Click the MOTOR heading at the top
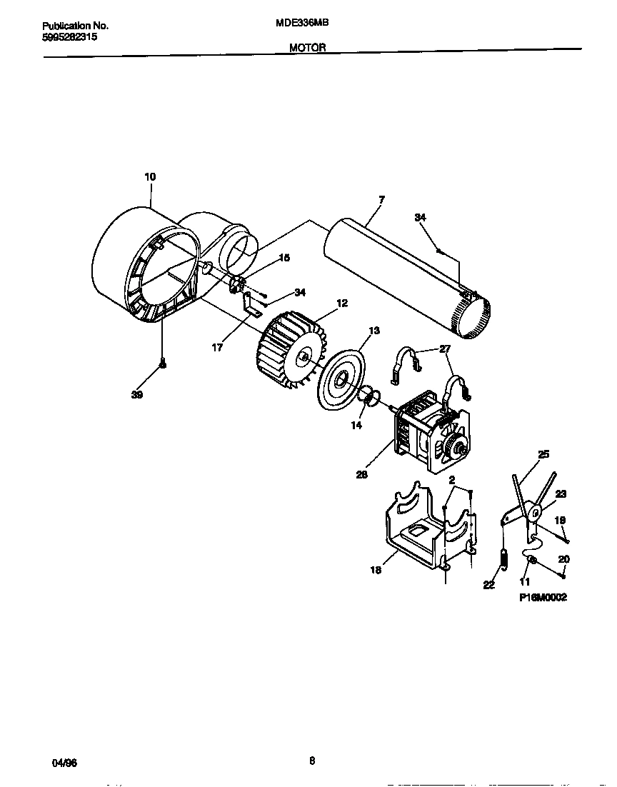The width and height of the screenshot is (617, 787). click(308, 48)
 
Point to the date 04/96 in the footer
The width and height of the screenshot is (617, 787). click(64, 763)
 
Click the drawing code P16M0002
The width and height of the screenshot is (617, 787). click(543, 598)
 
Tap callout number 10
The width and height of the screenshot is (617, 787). click(150, 176)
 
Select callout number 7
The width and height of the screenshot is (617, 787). click(381, 200)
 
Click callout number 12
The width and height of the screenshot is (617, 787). click(342, 304)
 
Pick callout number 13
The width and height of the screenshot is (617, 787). click(374, 331)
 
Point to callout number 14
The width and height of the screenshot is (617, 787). click(356, 425)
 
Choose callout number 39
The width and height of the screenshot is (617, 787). click(137, 394)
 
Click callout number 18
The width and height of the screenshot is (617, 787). click(376, 570)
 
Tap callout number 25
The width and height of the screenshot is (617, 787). click(543, 453)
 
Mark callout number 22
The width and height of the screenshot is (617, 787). click(488, 585)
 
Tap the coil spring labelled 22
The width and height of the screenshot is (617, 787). click(503, 558)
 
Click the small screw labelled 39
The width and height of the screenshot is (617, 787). click(163, 365)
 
